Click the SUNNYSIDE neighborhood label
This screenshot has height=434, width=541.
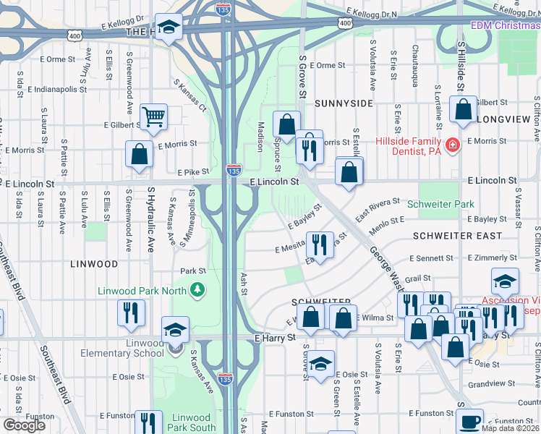344,103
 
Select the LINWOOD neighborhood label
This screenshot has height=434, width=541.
93,264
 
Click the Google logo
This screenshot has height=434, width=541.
24,425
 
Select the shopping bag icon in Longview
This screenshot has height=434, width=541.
463,109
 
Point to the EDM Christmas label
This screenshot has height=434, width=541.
505,25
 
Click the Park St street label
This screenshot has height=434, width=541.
193,271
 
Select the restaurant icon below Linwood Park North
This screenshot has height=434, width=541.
131,312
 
